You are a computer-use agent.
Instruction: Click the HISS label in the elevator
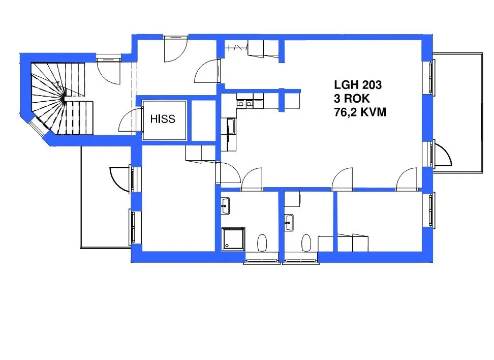point(163,119)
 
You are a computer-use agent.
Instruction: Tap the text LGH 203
point(357,85)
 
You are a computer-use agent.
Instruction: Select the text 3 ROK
point(352,99)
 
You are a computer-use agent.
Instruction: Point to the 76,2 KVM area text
point(360,112)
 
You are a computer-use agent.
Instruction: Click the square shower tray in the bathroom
point(233,239)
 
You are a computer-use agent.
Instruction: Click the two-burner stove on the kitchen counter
point(245,104)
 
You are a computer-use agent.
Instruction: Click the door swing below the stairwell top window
point(108,72)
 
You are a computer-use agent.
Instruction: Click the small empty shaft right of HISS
point(204,121)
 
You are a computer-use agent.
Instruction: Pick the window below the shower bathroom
point(262,261)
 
